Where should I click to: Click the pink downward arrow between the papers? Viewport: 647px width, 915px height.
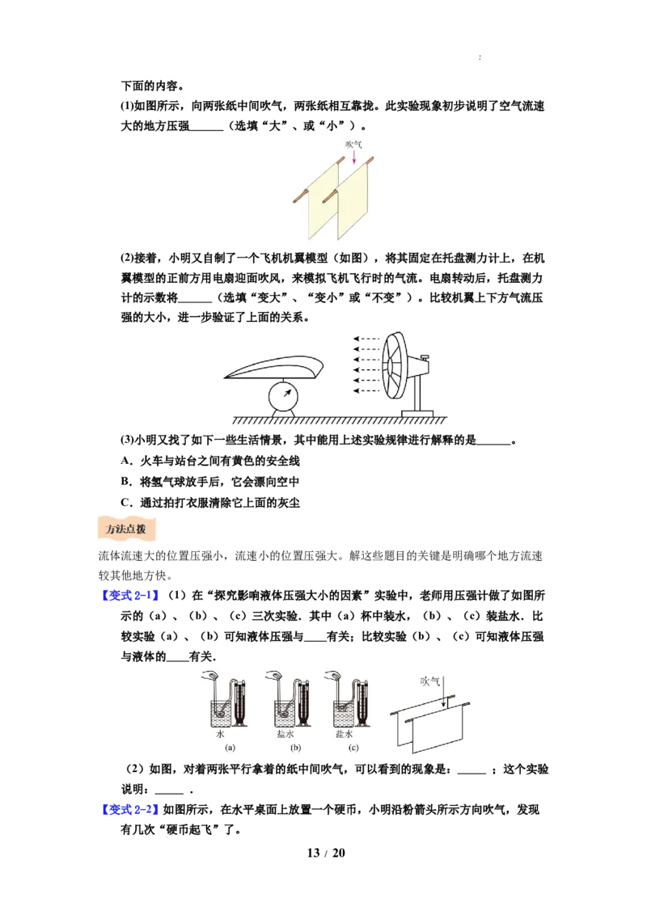pyautogui.click(x=353, y=156)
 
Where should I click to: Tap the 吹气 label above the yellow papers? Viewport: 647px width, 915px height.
pyautogui.click(x=353, y=144)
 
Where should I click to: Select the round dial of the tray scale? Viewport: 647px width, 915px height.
pyautogui.click(x=283, y=398)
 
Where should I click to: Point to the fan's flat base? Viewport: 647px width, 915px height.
pyautogui.click(x=417, y=414)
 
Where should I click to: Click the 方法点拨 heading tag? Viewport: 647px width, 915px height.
pyautogui.click(x=126, y=529)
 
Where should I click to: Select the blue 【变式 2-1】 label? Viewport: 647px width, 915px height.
pyautogui.click(x=129, y=595)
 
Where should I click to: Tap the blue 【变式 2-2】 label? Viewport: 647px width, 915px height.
pyautogui.click(x=129, y=809)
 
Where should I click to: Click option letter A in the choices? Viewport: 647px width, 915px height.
pyautogui.click(x=125, y=461)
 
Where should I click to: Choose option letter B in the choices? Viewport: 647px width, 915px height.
pyautogui.click(x=125, y=482)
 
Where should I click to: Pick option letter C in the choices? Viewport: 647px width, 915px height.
pyautogui.click(x=125, y=503)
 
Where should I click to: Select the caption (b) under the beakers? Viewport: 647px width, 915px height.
pyautogui.click(x=295, y=748)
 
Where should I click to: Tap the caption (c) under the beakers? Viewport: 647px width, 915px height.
pyautogui.click(x=353, y=748)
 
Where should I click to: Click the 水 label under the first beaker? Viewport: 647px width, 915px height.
pyautogui.click(x=220, y=734)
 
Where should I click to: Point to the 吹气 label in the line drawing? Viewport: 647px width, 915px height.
pyautogui.click(x=429, y=681)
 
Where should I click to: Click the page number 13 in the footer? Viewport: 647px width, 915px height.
pyautogui.click(x=314, y=853)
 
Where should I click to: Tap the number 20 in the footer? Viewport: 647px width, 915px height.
pyautogui.click(x=339, y=853)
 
